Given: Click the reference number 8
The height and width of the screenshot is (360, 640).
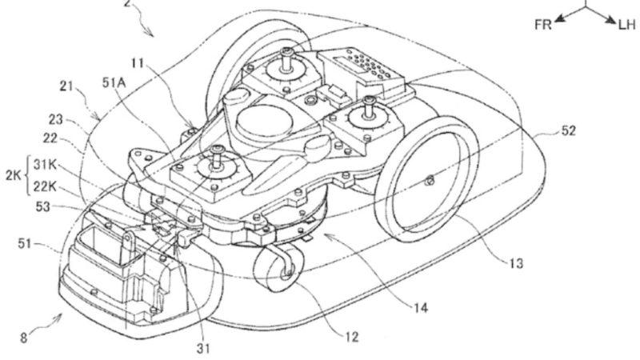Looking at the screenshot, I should [x=23, y=338].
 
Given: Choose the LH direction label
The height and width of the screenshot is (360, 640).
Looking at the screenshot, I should [x=626, y=25].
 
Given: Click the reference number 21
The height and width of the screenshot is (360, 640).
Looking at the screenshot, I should [x=68, y=85].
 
